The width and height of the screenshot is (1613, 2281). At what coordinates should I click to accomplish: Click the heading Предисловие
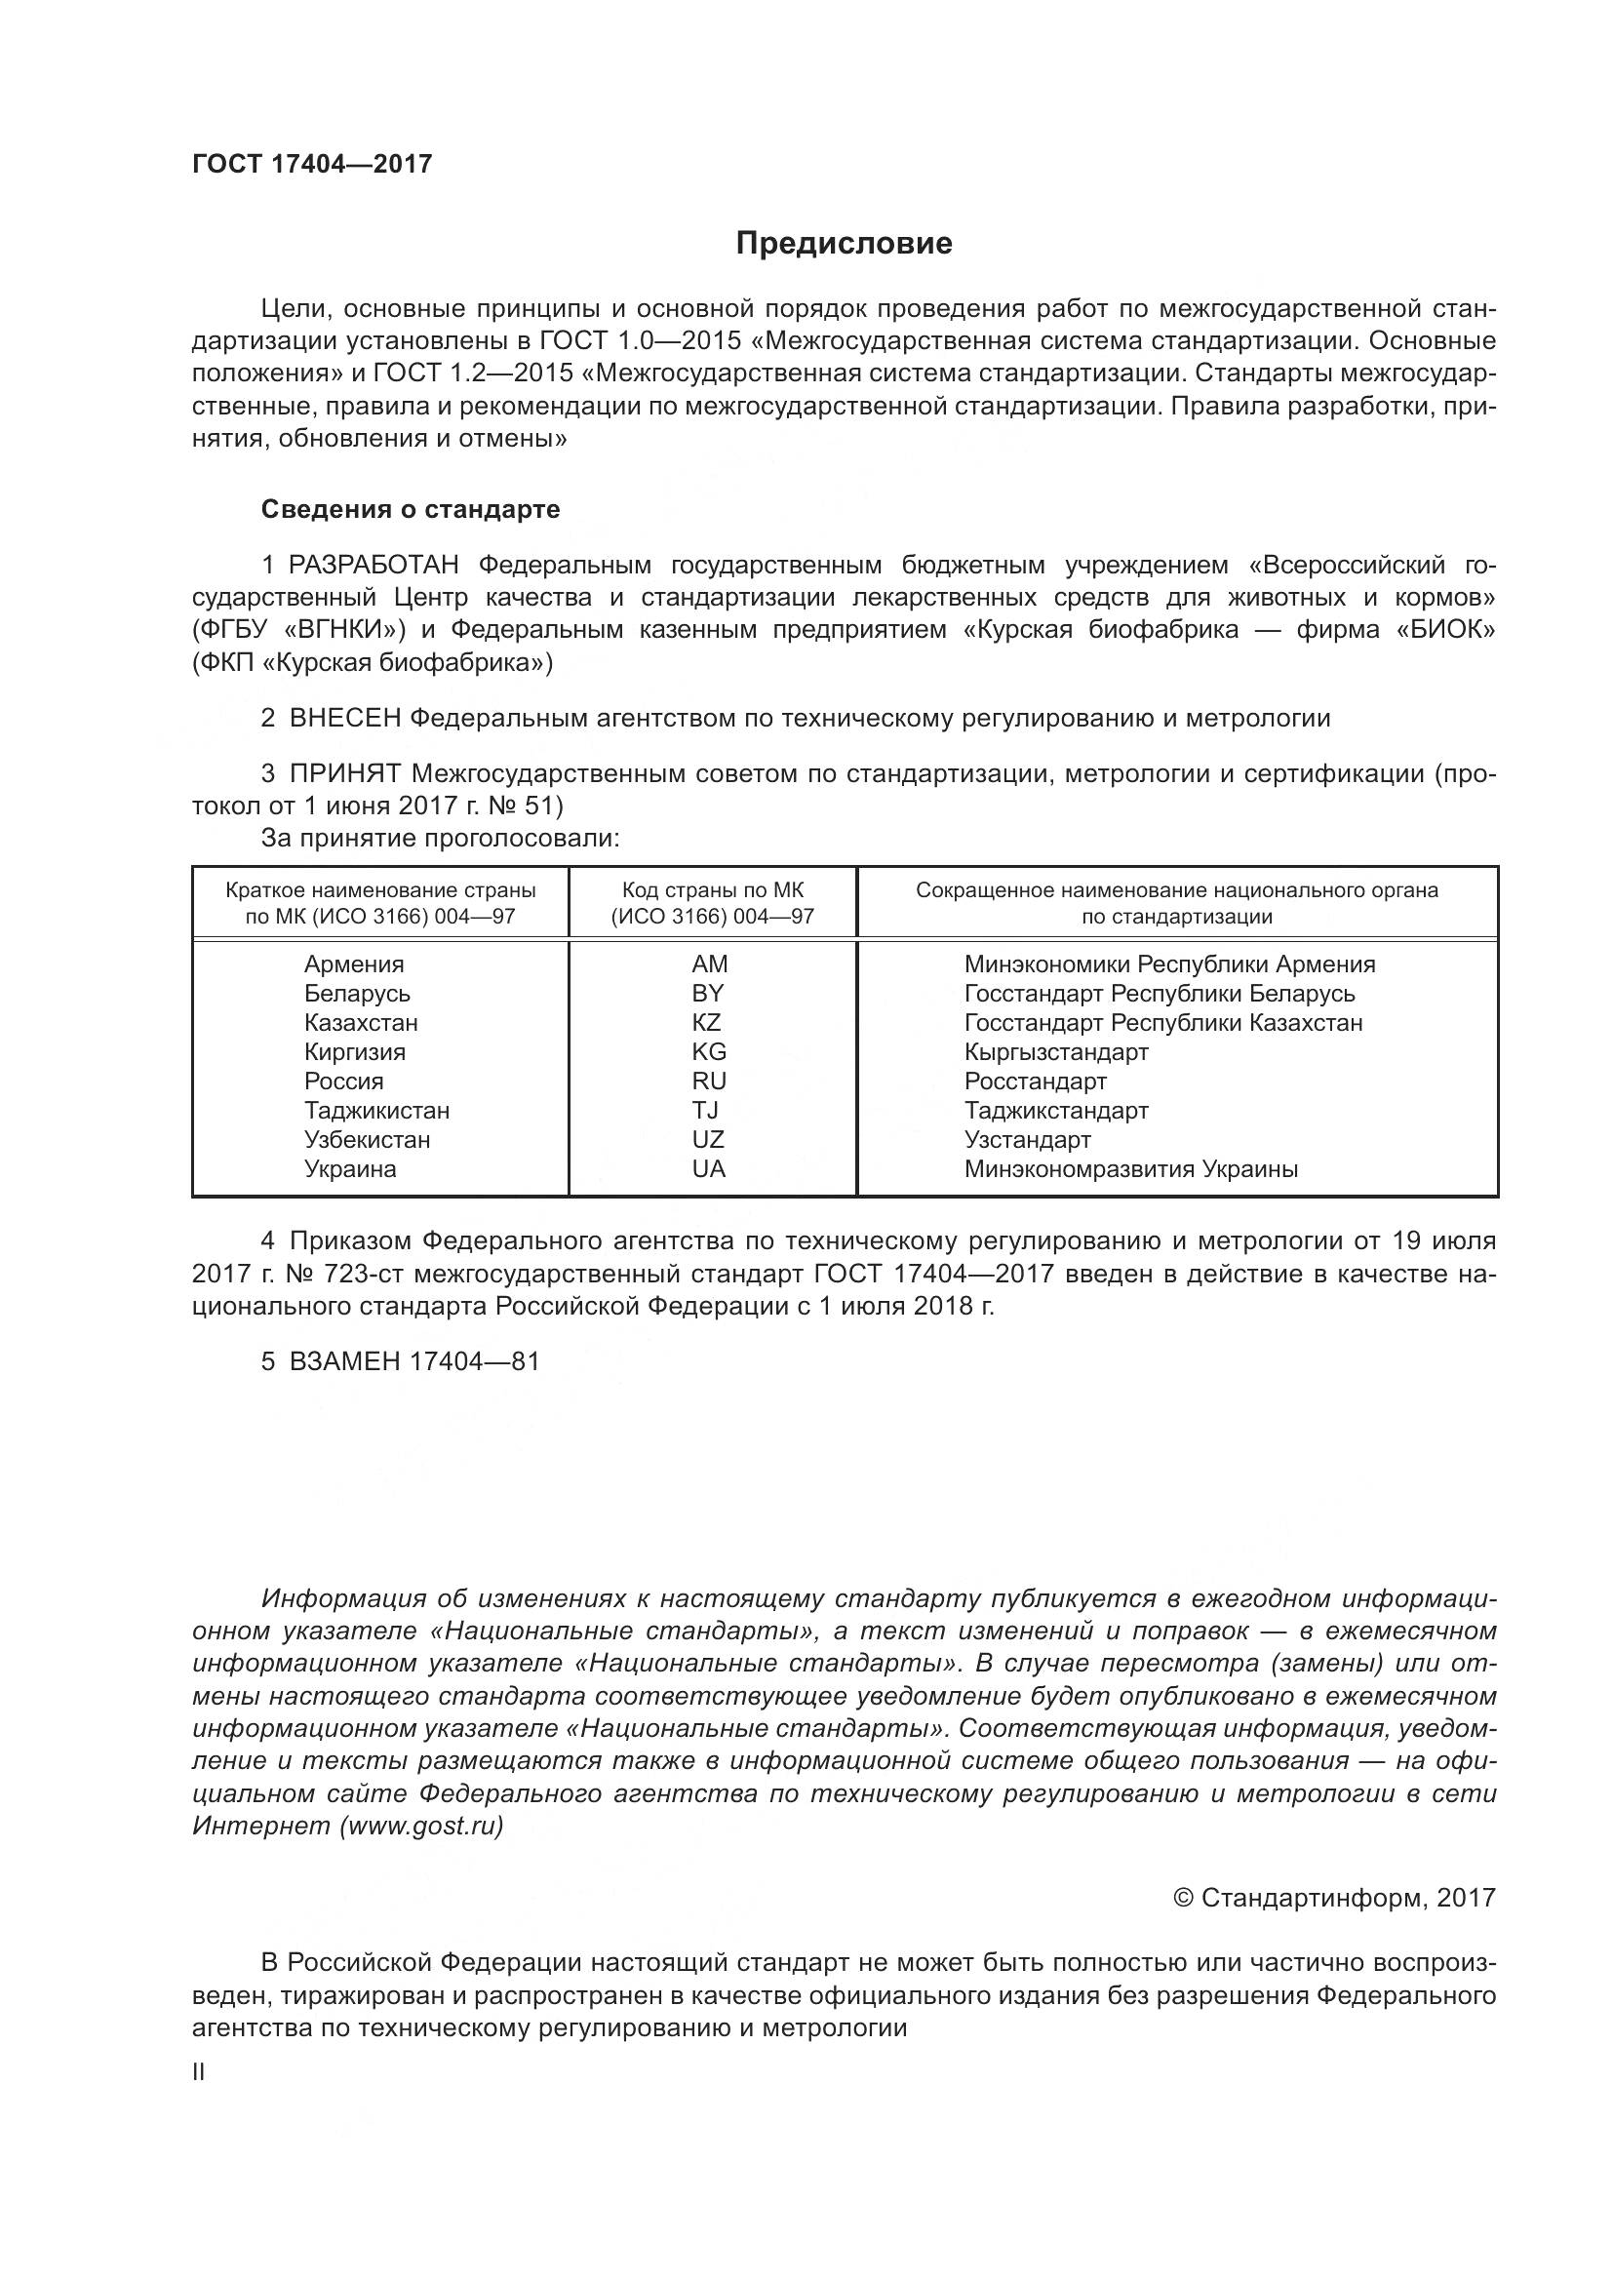[845, 244]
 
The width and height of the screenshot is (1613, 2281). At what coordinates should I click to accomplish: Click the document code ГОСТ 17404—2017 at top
[312, 164]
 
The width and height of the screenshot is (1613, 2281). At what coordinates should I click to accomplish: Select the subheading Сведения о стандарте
[411, 510]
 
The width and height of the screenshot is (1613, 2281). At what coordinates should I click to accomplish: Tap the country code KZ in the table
[707, 1022]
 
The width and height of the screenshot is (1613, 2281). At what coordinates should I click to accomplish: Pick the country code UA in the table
[709, 1169]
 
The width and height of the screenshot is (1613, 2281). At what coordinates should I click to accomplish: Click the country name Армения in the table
[354, 964]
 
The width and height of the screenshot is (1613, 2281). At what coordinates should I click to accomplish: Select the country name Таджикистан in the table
[376, 1111]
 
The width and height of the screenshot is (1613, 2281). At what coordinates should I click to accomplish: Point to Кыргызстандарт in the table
[1056, 1052]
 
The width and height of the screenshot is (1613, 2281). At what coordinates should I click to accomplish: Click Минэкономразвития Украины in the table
[1130, 1169]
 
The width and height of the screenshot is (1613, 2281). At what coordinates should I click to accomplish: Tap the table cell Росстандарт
[1035, 1081]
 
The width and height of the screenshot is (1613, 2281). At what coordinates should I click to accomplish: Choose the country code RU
[709, 1081]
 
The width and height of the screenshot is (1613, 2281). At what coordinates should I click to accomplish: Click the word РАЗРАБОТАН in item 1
[374, 566]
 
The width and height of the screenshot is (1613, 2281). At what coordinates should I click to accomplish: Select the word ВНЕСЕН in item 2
[344, 719]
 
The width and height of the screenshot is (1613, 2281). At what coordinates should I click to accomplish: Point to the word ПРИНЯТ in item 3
[344, 774]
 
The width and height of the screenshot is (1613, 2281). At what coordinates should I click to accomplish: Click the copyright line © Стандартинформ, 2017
[1334, 1899]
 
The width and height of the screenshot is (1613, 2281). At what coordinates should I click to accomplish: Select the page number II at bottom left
[199, 2072]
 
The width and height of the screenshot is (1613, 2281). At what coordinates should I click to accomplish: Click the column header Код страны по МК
[712, 890]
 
